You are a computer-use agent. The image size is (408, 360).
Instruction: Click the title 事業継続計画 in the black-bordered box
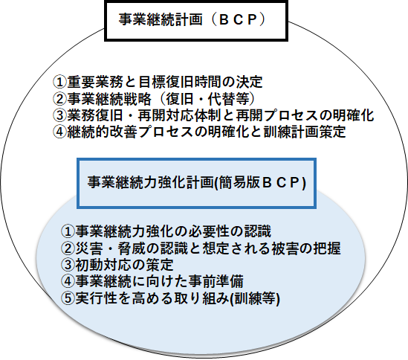161,19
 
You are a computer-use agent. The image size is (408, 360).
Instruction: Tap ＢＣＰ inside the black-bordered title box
238,19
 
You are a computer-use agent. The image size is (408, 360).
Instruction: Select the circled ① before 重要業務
60,82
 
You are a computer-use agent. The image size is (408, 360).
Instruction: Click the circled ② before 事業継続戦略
60,99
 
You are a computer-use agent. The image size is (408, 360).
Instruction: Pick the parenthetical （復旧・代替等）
207,99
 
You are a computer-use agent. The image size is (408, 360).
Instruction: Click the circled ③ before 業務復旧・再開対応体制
60,115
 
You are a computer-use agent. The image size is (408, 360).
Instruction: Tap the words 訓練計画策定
305,132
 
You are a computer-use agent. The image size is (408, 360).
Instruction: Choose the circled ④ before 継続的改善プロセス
60,132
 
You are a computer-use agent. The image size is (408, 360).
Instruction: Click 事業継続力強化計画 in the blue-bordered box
150,181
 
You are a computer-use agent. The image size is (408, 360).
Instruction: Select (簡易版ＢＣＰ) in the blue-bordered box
259,182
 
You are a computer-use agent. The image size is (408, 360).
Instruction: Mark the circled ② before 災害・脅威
68,248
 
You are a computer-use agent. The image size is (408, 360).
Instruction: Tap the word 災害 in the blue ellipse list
89,248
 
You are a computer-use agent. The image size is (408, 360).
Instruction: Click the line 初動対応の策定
124,265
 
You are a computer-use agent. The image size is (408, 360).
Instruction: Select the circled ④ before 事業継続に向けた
68,281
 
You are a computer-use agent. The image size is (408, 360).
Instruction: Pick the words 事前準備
216,281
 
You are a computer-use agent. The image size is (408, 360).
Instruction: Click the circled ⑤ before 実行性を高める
68,298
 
